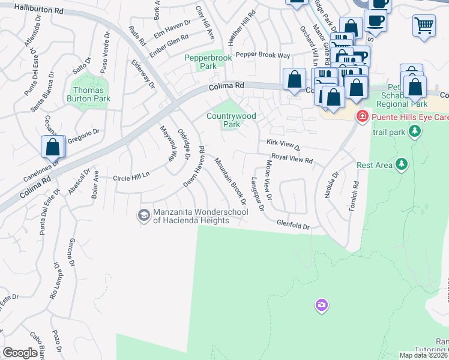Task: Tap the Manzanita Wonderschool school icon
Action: (143, 215)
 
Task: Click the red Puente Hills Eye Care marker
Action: (362, 116)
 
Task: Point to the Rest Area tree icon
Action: (402, 164)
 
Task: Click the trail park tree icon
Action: (414, 130)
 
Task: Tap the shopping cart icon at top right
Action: (424, 25)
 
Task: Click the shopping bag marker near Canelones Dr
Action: (53, 146)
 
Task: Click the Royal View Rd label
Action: (292, 158)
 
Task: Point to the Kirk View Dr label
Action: (283, 145)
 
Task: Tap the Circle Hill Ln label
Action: (131, 178)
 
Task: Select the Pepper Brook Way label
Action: (262, 55)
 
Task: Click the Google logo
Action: (20, 353)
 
